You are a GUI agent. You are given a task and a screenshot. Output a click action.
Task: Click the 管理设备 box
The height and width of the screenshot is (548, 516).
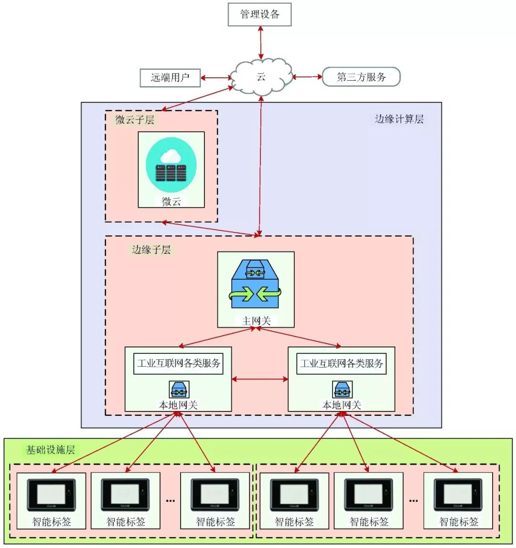click(x=259, y=14)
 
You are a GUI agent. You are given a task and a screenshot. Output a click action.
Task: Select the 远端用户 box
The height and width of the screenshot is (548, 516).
click(x=170, y=77)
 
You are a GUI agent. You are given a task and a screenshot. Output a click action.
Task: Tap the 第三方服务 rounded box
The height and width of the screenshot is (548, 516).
click(x=361, y=77)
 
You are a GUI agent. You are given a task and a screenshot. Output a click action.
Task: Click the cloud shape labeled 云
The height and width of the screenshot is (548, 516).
click(x=261, y=77)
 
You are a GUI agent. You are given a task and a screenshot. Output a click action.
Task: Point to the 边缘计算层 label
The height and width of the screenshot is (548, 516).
click(x=399, y=119)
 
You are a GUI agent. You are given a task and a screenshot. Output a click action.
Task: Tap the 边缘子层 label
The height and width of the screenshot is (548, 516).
click(x=151, y=249)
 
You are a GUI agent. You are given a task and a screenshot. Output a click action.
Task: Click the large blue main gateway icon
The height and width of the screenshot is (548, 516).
click(x=255, y=287)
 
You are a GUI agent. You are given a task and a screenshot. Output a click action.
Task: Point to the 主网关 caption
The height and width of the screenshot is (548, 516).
click(x=256, y=321)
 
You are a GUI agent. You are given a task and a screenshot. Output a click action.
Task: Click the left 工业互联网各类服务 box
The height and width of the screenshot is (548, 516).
click(x=178, y=364)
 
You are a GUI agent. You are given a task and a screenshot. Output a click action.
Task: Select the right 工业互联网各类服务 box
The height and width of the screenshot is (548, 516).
click(x=342, y=364)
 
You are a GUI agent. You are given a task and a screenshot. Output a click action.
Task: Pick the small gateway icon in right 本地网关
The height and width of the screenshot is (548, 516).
click(x=342, y=390)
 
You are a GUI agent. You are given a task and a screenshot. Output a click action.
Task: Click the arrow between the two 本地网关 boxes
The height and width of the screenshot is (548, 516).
click(x=260, y=379)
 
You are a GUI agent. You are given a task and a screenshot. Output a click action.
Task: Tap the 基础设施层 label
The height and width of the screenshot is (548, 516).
click(x=50, y=450)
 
